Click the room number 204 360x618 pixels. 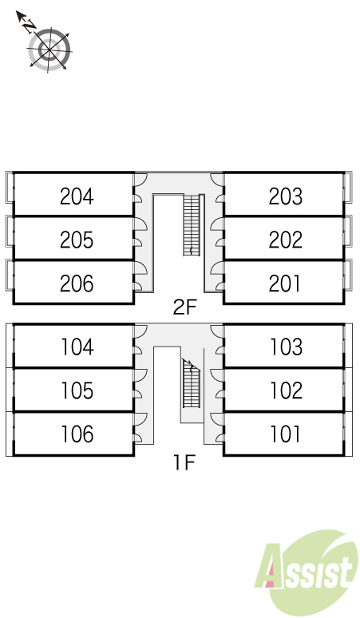point(77,196)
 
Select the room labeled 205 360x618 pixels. point(77,240)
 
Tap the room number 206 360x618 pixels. point(77,283)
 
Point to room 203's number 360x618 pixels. point(286,196)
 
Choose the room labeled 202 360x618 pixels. point(286,240)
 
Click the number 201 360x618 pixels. point(284,283)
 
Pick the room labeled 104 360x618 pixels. point(77,347)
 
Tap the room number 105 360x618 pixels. point(77,390)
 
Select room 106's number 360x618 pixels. point(77,434)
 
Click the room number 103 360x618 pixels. point(287,347)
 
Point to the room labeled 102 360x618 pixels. point(287,390)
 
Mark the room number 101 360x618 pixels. point(285,434)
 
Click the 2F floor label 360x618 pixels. point(184,307)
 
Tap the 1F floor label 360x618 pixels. point(184,462)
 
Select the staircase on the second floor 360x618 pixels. point(192,225)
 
